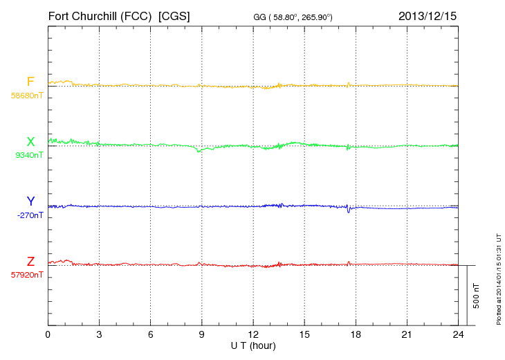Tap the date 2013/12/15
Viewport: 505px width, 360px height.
tap(427, 15)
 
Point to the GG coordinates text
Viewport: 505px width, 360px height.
tap(294, 16)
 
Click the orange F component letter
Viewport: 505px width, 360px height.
tap(30, 82)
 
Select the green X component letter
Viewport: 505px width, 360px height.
tap(30, 142)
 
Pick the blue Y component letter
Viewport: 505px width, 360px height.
tap(30, 201)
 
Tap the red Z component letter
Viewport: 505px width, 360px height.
tap(30, 262)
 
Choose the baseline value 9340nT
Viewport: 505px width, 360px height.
tap(29, 155)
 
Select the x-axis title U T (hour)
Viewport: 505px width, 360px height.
tap(253, 345)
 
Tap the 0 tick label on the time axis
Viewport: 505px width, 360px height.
tap(48, 334)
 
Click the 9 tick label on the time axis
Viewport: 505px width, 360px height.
tap(202, 334)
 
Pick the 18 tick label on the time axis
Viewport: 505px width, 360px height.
tap(356, 334)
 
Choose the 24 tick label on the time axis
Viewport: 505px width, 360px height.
tap(458, 334)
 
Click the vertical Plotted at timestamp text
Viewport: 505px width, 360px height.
tap(498, 277)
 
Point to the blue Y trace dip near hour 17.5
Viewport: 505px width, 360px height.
tap(349, 211)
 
